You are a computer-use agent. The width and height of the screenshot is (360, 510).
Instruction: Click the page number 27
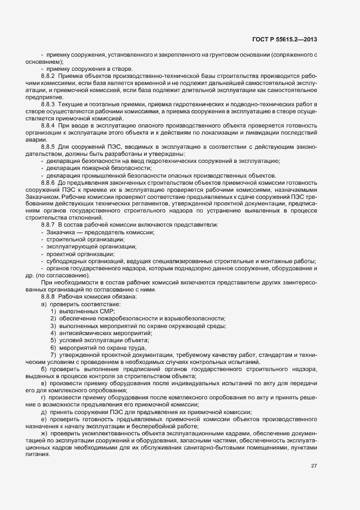click(x=314, y=466)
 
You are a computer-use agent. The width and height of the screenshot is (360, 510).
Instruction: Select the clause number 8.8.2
click(x=48, y=75)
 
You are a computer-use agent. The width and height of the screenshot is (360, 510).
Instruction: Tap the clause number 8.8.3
click(x=48, y=104)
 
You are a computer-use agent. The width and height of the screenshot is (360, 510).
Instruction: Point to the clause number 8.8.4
click(x=48, y=125)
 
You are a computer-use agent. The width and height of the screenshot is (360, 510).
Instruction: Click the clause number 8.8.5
click(x=48, y=147)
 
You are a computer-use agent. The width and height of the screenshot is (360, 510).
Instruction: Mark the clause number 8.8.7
click(x=48, y=224)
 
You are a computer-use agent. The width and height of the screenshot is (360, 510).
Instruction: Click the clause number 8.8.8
click(x=48, y=296)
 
